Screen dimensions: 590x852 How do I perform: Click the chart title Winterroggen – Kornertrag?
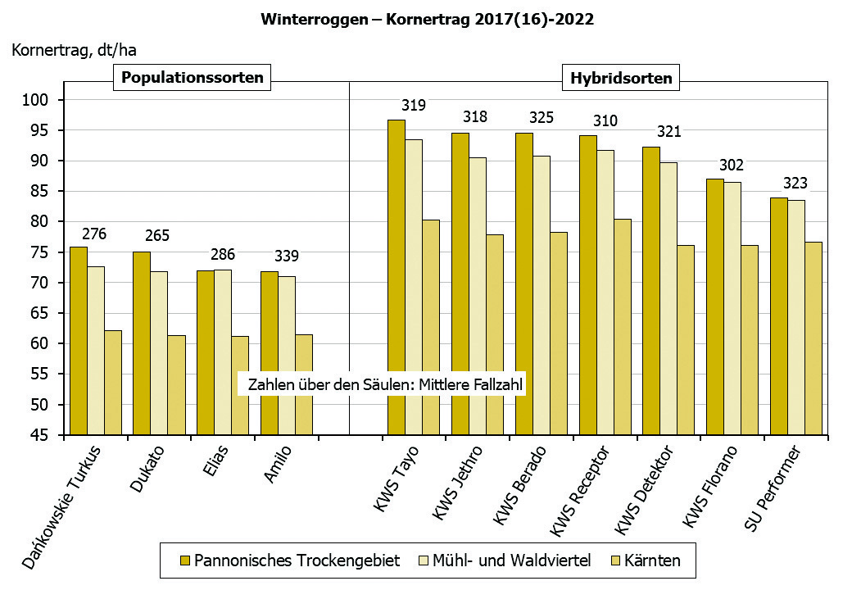point(426,19)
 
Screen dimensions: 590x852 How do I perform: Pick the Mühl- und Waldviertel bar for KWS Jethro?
point(477,295)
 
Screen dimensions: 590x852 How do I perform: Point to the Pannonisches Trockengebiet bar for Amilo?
point(269,352)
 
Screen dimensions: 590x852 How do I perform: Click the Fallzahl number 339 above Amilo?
point(286,256)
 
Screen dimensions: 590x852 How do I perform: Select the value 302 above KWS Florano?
point(732,165)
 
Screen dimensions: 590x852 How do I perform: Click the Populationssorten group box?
point(193,79)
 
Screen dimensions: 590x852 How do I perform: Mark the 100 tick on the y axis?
point(41,100)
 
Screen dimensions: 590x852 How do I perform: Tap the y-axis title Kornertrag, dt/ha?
point(74,50)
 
